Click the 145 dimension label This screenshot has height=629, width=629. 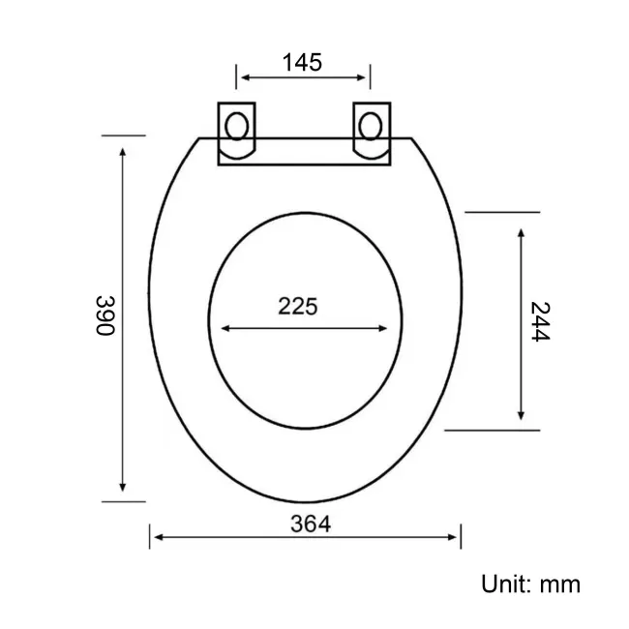pyautogui.click(x=302, y=63)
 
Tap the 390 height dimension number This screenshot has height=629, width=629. pyautogui.click(x=105, y=315)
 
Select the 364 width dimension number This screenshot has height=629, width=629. pyautogui.click(x=311, y=524)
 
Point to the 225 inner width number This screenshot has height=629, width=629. pyautogui.click(x=298, y=306)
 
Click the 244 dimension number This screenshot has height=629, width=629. pyautogui.click(x=540, y=321)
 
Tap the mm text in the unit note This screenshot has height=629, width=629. pyautogui.click(x=560, y=585)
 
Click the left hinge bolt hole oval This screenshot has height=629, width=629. pyautogui.click(x=237, y=126)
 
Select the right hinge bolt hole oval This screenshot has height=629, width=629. pyautogui.click(x=371, y=126)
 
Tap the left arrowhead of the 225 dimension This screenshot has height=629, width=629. pyautogui.click(x=225, y=329)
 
